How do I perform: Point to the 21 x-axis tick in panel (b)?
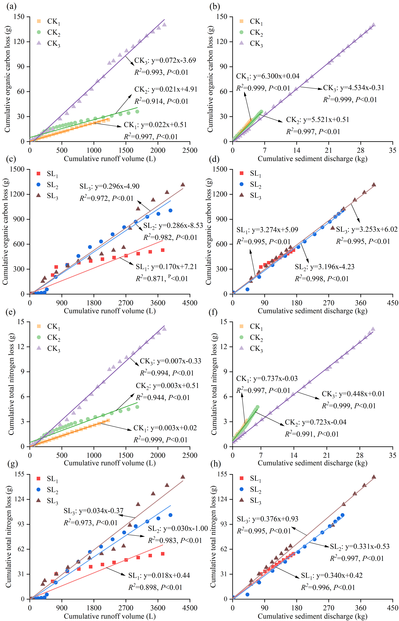(x=329, y=150)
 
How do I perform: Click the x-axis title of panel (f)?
(x=312, y=463)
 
